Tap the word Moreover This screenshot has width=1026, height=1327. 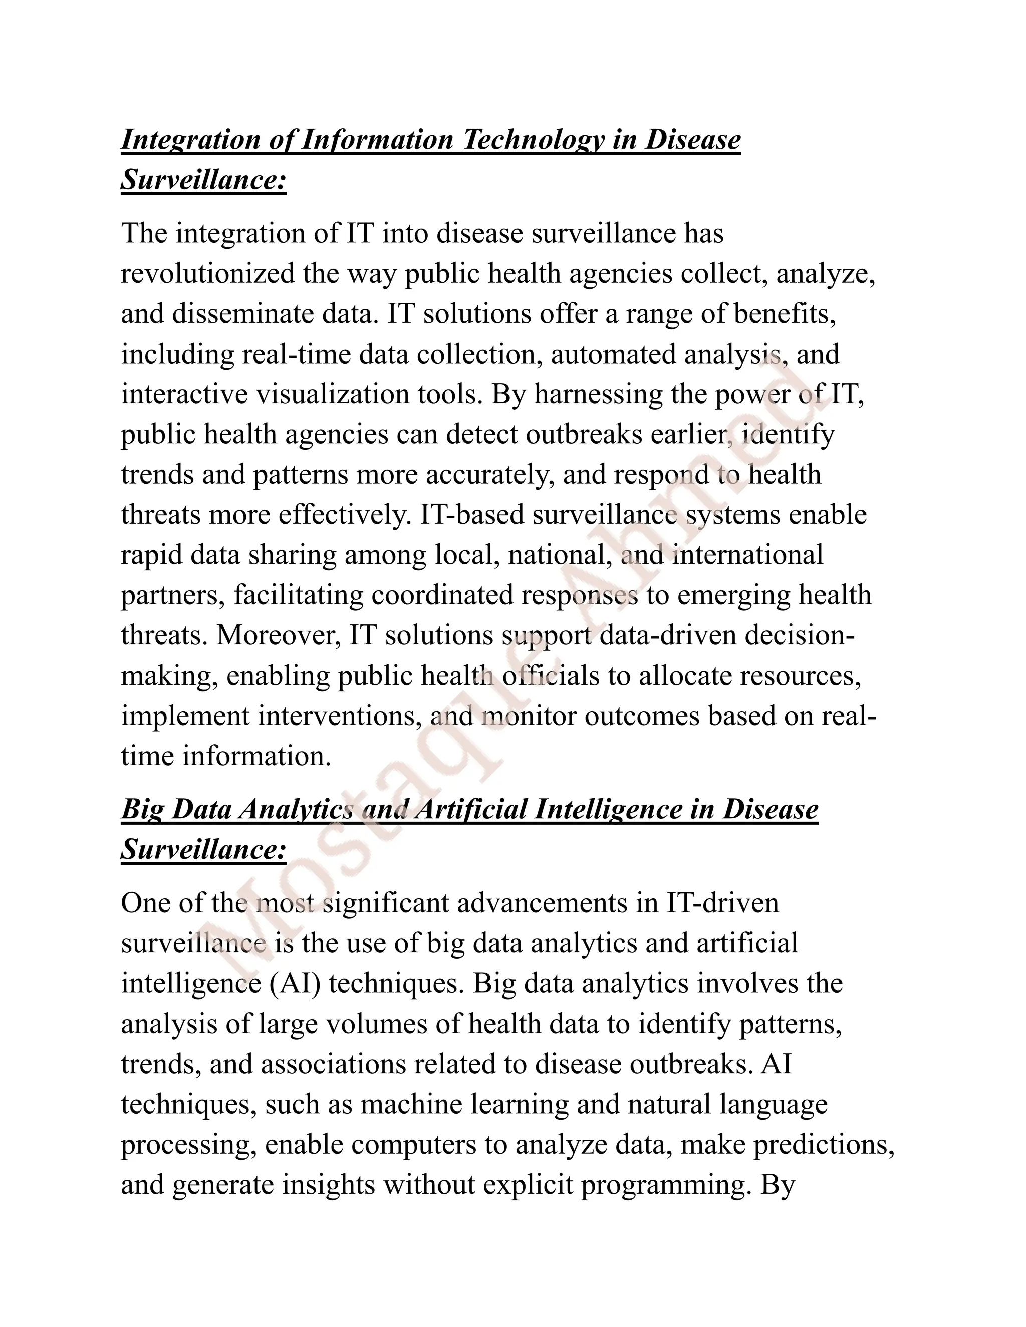pos(279,635)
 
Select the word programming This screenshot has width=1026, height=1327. pos(663,1185)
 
